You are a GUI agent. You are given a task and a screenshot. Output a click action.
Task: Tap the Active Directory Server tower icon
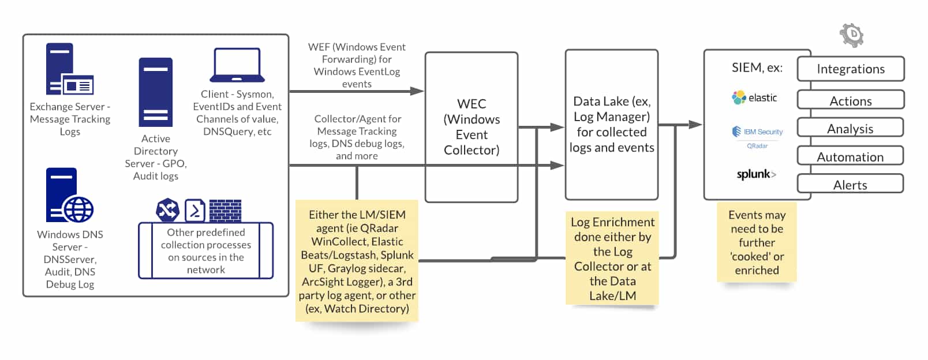(x=155, y=92)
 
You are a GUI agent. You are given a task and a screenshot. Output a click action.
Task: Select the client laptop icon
(x=237, y=65)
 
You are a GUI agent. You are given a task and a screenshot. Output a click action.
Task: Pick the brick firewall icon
(x=225, y=211)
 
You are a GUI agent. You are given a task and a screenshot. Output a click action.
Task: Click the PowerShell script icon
(x=195, y=211)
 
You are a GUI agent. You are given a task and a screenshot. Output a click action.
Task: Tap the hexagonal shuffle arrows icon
(x=167, y=210)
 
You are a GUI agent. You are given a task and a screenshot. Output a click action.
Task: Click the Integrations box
(x=850, y=69)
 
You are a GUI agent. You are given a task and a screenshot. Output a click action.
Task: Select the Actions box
(x=850, y=100)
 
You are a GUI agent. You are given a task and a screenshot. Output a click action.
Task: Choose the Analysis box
(x=850, y=128)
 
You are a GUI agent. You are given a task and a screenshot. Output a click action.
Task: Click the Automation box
(x=850, y=156)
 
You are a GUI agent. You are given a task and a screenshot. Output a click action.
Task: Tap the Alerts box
(x=850, y=185)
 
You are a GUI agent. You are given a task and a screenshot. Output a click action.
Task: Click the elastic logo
(x=754, y=97)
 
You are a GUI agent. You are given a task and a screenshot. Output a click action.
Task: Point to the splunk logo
(x=756, y=174)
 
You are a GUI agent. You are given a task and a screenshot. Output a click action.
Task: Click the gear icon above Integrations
(x=852, y=35)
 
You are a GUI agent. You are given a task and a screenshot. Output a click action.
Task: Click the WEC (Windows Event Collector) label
(x=471, y=127)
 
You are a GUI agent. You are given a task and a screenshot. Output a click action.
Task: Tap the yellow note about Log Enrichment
(x=612, y=258)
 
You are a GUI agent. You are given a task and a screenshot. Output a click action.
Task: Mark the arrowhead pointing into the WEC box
(x=418, y=91)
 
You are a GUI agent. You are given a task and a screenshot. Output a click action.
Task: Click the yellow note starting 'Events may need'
(x=757, y=242)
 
